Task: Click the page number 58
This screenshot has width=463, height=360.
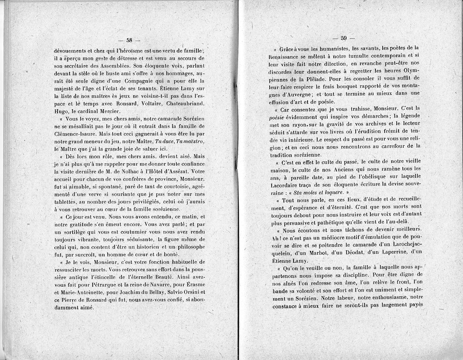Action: (x=129, y=40)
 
